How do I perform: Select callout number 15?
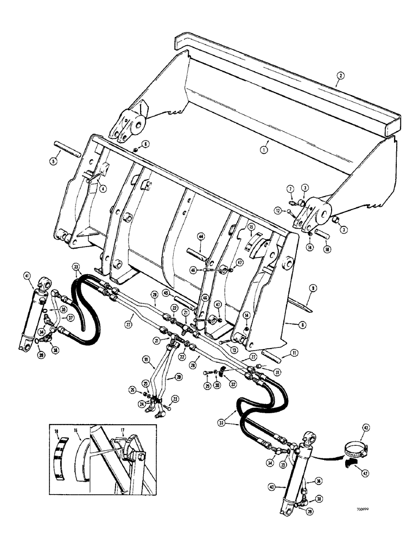coord(251,226)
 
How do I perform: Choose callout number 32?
coord(233,382)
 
